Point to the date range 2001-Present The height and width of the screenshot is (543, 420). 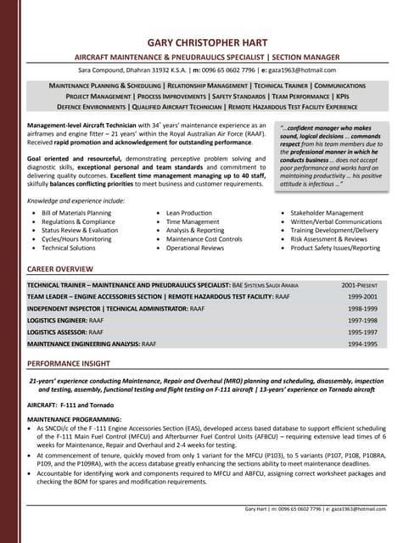point(360,286)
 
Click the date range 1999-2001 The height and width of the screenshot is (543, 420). point(362,298)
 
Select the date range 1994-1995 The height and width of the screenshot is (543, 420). point(362,344)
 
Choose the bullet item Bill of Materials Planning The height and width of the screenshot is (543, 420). point(76,213)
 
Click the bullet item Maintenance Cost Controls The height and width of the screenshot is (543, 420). point(204,239)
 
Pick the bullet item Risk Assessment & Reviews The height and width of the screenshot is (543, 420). point(331,239)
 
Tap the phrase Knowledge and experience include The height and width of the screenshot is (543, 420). point(76,199)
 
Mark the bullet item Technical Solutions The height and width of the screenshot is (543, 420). point(69,249)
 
